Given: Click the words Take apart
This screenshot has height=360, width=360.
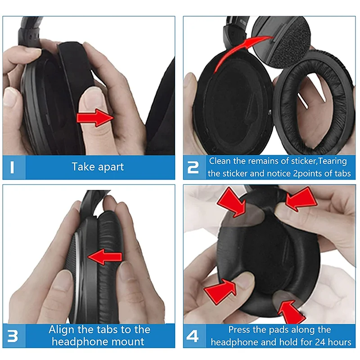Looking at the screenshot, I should click(x=98, y=167).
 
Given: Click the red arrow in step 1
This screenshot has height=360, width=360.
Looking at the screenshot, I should click(x=95, y=118).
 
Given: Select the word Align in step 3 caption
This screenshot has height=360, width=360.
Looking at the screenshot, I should click(x=62, y=329).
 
